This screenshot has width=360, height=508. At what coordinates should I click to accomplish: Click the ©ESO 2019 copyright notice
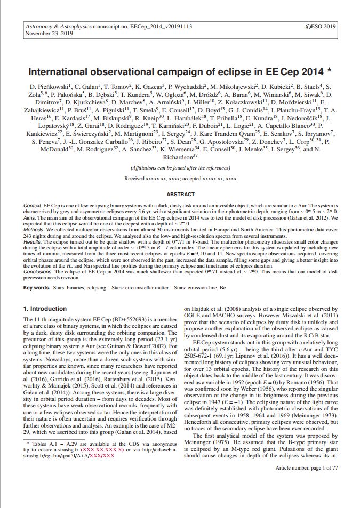[x=320, y=26]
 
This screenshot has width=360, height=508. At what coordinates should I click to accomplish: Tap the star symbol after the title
[x=330, y=69]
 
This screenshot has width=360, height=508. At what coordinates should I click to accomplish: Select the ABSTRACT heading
[x=180, y=195]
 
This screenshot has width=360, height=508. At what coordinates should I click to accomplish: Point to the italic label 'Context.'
[x=34, y=205]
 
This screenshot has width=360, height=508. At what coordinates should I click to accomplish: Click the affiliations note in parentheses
[x=180, y=167]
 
